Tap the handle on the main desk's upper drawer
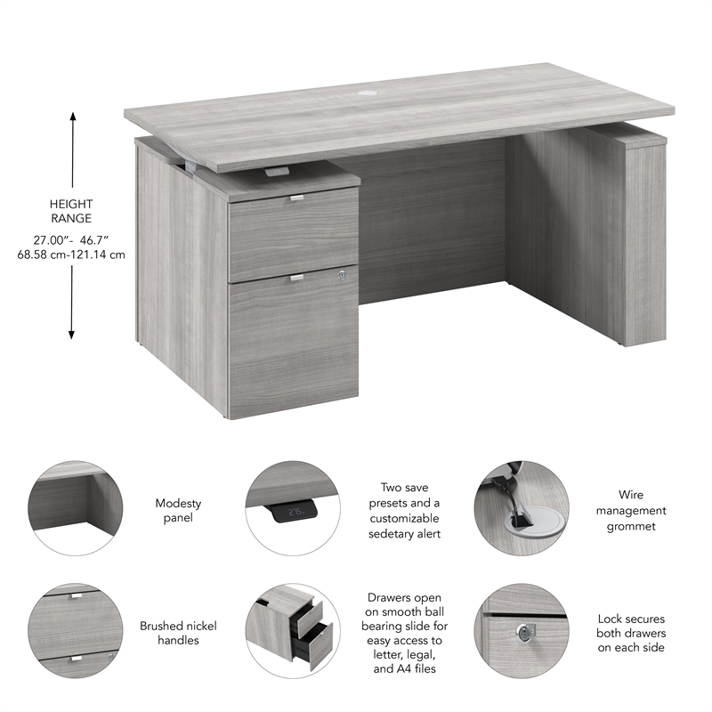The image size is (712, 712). [296, 197]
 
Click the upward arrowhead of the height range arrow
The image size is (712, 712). [73, 117]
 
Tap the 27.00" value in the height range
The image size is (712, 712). [50, 239]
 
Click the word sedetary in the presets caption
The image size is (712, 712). [390, 533]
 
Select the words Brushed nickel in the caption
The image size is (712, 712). [178, 626]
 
